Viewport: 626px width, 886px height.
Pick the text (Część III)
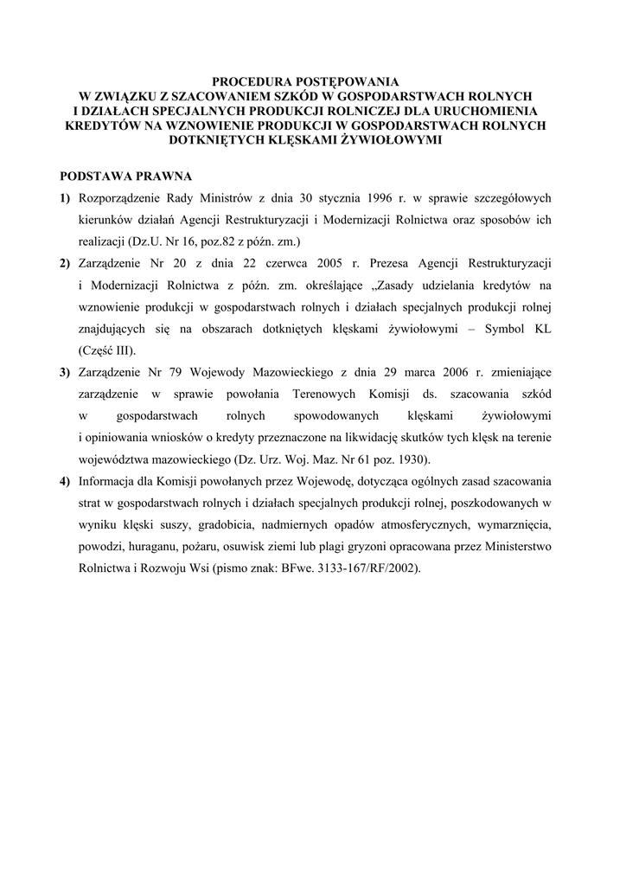[x=107, y=350]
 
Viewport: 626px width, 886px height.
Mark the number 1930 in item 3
[x=421, y=459]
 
